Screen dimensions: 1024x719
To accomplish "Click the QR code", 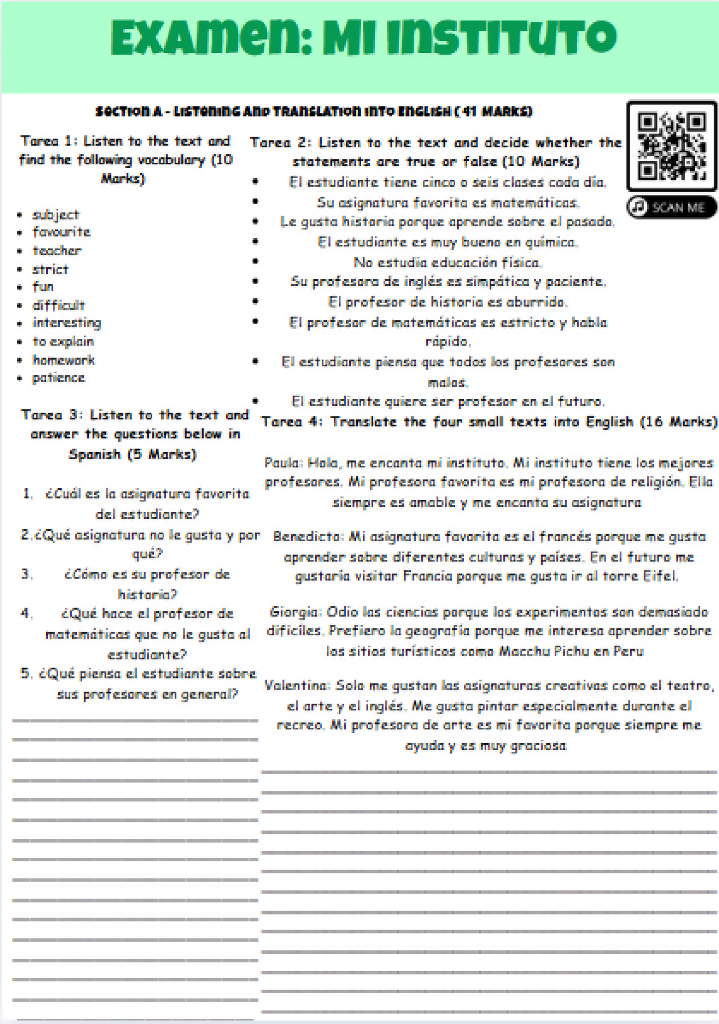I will (x=671, y=146).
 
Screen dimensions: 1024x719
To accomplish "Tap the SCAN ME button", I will (x=671, y=207).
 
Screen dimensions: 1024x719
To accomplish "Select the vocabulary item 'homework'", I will (x=63, y=360).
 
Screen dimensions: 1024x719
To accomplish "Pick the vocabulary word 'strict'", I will (x=50, y=269).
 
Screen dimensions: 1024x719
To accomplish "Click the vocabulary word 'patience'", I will (x=59, y=378).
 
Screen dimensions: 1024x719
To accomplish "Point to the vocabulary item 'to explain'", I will (x=63, y=341).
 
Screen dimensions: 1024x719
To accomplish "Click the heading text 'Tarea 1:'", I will (x=48, y=141).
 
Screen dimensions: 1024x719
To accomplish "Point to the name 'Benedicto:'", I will (x=308, y=537).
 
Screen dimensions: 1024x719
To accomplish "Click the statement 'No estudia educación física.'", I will (x=447, y=262).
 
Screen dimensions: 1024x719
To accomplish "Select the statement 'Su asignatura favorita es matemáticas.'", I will (x=448, y=203).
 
